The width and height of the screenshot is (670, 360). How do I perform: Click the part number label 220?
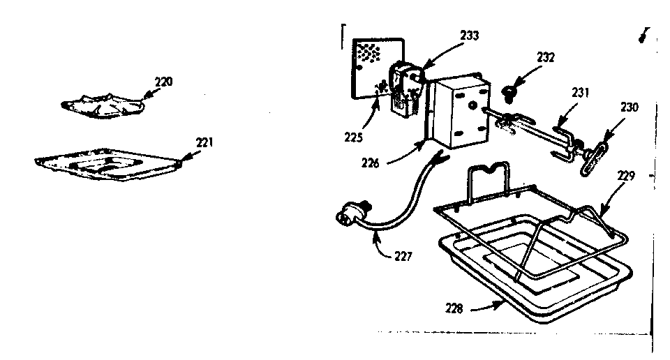point(163,82)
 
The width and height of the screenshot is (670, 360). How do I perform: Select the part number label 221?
point(204,142)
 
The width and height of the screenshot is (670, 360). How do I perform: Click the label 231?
point(581,92)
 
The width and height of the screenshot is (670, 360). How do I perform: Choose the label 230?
point(630,107)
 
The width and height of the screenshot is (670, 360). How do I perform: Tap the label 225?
point(354,137)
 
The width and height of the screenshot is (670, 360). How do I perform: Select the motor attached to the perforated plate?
point(404,86)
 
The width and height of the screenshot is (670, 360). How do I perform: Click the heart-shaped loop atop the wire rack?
point(496,169)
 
